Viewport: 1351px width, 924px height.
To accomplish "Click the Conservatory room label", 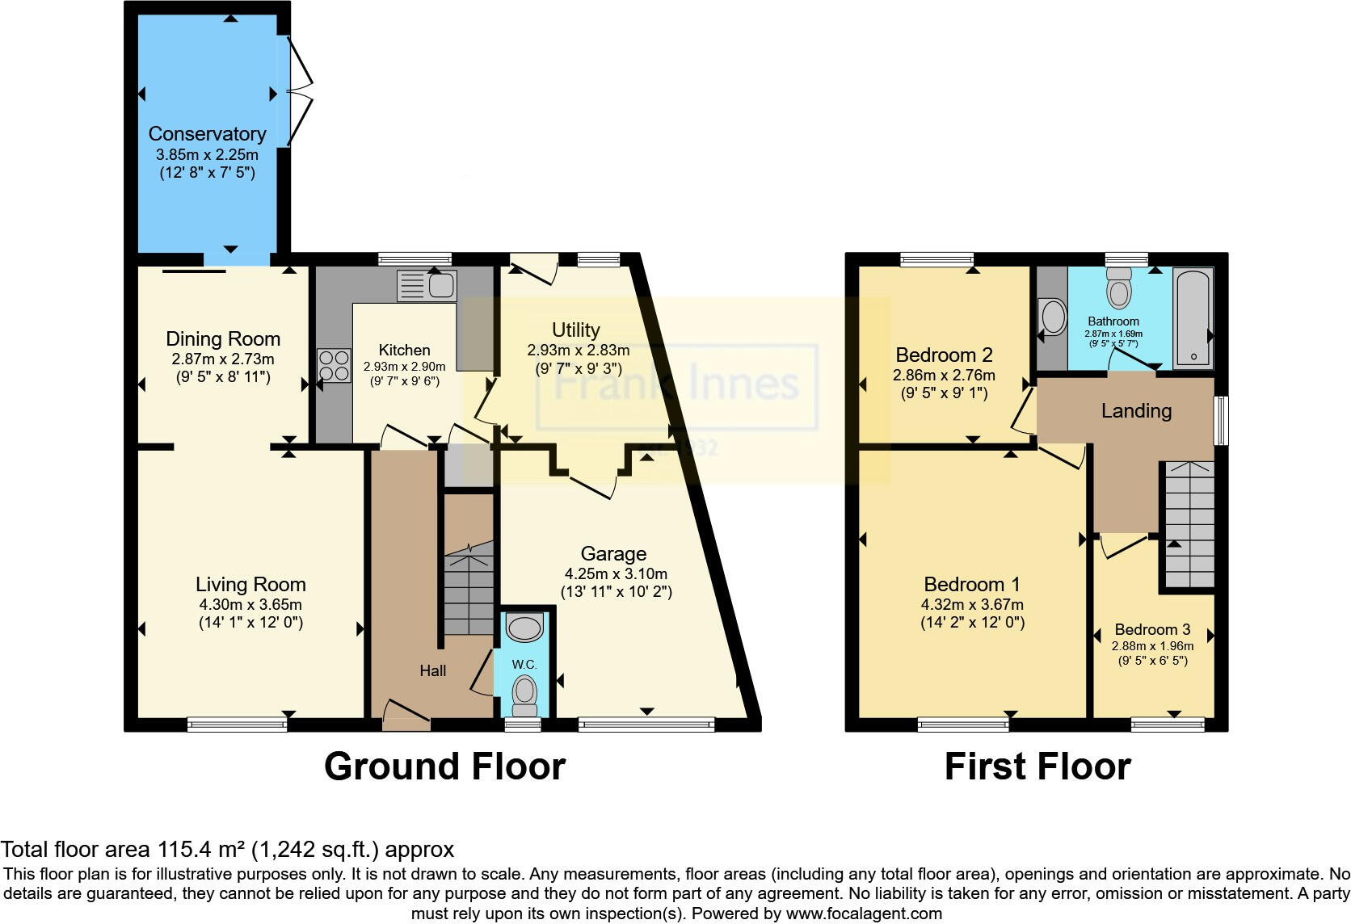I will point(207,134).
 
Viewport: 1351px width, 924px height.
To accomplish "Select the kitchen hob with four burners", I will point(335,365).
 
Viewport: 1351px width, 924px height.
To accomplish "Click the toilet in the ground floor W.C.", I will point(524,693).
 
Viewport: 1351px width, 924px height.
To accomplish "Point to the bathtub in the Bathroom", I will point(1193,318).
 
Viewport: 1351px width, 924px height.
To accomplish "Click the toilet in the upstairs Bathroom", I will point(1119,288).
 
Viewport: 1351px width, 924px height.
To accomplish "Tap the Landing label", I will point(1136,411).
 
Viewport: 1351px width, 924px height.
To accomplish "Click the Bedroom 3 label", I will point(1152,629).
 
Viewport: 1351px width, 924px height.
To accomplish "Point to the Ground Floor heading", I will point(444,766).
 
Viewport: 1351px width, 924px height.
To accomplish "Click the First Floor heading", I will point(1037,766).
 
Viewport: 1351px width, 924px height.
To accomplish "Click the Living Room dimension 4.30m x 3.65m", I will point(250,604).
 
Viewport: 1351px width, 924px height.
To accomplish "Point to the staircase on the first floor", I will point(1188,525).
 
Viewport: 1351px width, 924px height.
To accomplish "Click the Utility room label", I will point(575,330).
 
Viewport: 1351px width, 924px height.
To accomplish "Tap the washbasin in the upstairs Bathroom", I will point(1053,317).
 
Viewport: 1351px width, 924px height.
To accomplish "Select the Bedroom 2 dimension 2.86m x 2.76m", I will point(944,375).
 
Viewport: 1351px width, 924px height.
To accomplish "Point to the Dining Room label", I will point(223,339).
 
